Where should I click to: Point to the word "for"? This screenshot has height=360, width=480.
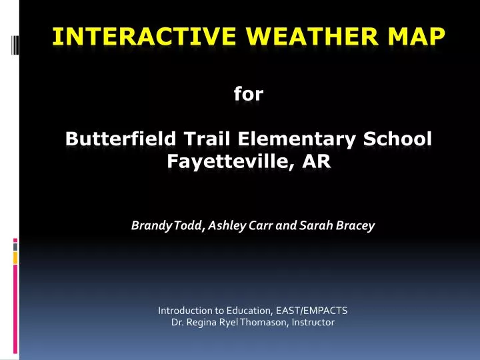249,95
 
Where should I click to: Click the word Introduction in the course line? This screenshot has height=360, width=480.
185,310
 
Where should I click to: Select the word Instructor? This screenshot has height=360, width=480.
311,323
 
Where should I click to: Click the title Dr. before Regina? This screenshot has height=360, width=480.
177,323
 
